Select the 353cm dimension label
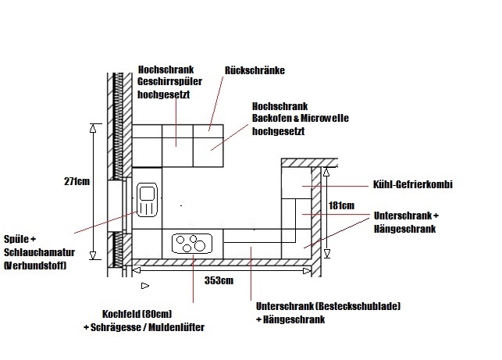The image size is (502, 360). (217, 280)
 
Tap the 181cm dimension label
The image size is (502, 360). (342, 206)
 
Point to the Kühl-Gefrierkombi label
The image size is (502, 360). (414, 185)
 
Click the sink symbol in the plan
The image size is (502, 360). (146, 200)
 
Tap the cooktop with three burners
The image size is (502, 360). (190, 243)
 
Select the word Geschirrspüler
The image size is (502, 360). (165, 80)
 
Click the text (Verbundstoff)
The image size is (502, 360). (34, 266)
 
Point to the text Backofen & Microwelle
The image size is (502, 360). (301, 118)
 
